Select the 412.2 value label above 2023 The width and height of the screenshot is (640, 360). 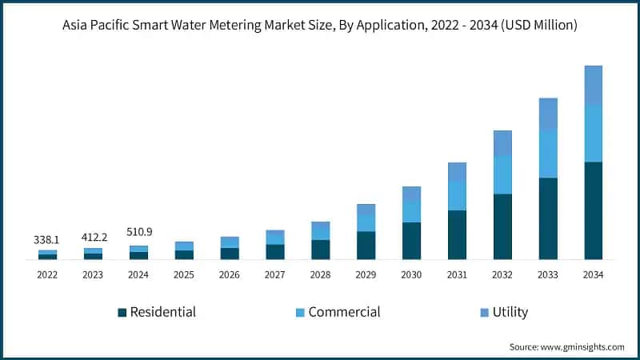coord(93,238)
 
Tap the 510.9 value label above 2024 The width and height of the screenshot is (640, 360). coord(138,232)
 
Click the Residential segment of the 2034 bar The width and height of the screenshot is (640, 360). coord(594,210)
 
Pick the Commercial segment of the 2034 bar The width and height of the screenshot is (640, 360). coord(594,133)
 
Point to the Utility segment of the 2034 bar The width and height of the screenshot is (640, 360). coord(594,85)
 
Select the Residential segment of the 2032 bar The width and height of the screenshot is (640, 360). coord(502,226)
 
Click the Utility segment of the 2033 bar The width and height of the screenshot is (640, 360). coord(548,114)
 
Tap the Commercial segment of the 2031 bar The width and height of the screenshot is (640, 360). coord(457,195)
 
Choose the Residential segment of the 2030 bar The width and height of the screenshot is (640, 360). coord(411,241)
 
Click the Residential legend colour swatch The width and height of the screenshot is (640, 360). coord(122,312)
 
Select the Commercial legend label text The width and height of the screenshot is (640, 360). coord(344,312)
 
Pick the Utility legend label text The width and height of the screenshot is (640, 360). coord(510,312)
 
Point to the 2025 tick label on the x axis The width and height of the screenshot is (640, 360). coord(184,274)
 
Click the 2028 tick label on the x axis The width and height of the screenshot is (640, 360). coord(321,274)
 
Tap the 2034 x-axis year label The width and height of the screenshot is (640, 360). coord(594,274)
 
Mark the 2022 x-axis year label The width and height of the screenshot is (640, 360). coord(47,274)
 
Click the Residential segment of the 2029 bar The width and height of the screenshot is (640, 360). coord(366,246)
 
